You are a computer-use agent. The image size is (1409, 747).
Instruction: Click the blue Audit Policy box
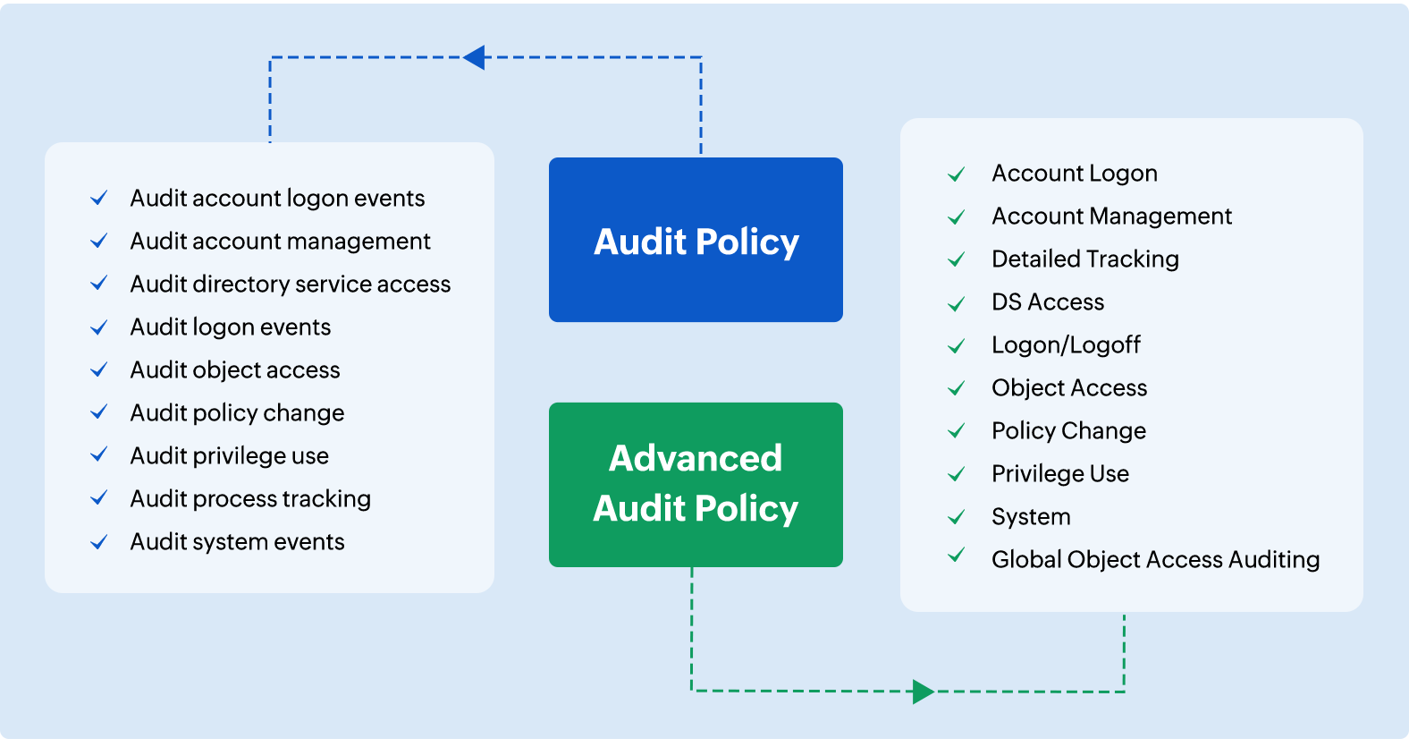coord(696,240)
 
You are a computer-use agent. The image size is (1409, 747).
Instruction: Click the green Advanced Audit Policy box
coord(696,484)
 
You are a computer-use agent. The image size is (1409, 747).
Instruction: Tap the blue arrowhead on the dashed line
coord(475,57)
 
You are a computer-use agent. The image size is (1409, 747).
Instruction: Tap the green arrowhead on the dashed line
coord(923,692)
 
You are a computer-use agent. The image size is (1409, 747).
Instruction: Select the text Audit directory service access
coord(290,284)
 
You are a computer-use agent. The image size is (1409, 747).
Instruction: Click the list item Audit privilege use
coord(229,456)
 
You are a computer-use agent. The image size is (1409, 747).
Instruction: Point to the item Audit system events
coord(237,542)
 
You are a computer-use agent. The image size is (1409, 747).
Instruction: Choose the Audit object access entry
coord(235,370)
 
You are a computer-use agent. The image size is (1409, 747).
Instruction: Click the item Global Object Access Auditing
coord(1155,560)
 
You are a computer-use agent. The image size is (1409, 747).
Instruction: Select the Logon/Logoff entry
coord(1066,345)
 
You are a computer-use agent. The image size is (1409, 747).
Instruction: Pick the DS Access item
coord(1047,302)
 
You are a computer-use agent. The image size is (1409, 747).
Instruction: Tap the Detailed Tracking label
coord(1084,259)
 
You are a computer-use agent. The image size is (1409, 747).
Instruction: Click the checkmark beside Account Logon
coord(956,174)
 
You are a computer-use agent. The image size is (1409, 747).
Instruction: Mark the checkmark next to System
coord(956,517)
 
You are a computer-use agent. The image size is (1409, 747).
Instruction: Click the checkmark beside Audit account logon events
coord(99,198)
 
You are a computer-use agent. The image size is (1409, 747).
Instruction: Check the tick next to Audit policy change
coord(99,412)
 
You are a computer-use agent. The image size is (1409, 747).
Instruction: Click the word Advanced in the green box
coord(696,458)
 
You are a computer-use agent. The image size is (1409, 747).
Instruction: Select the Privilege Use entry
coord(1059,474)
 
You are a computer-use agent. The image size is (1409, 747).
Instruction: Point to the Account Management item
coord(1111,216)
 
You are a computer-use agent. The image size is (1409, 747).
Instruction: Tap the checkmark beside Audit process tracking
coord(99,498)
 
